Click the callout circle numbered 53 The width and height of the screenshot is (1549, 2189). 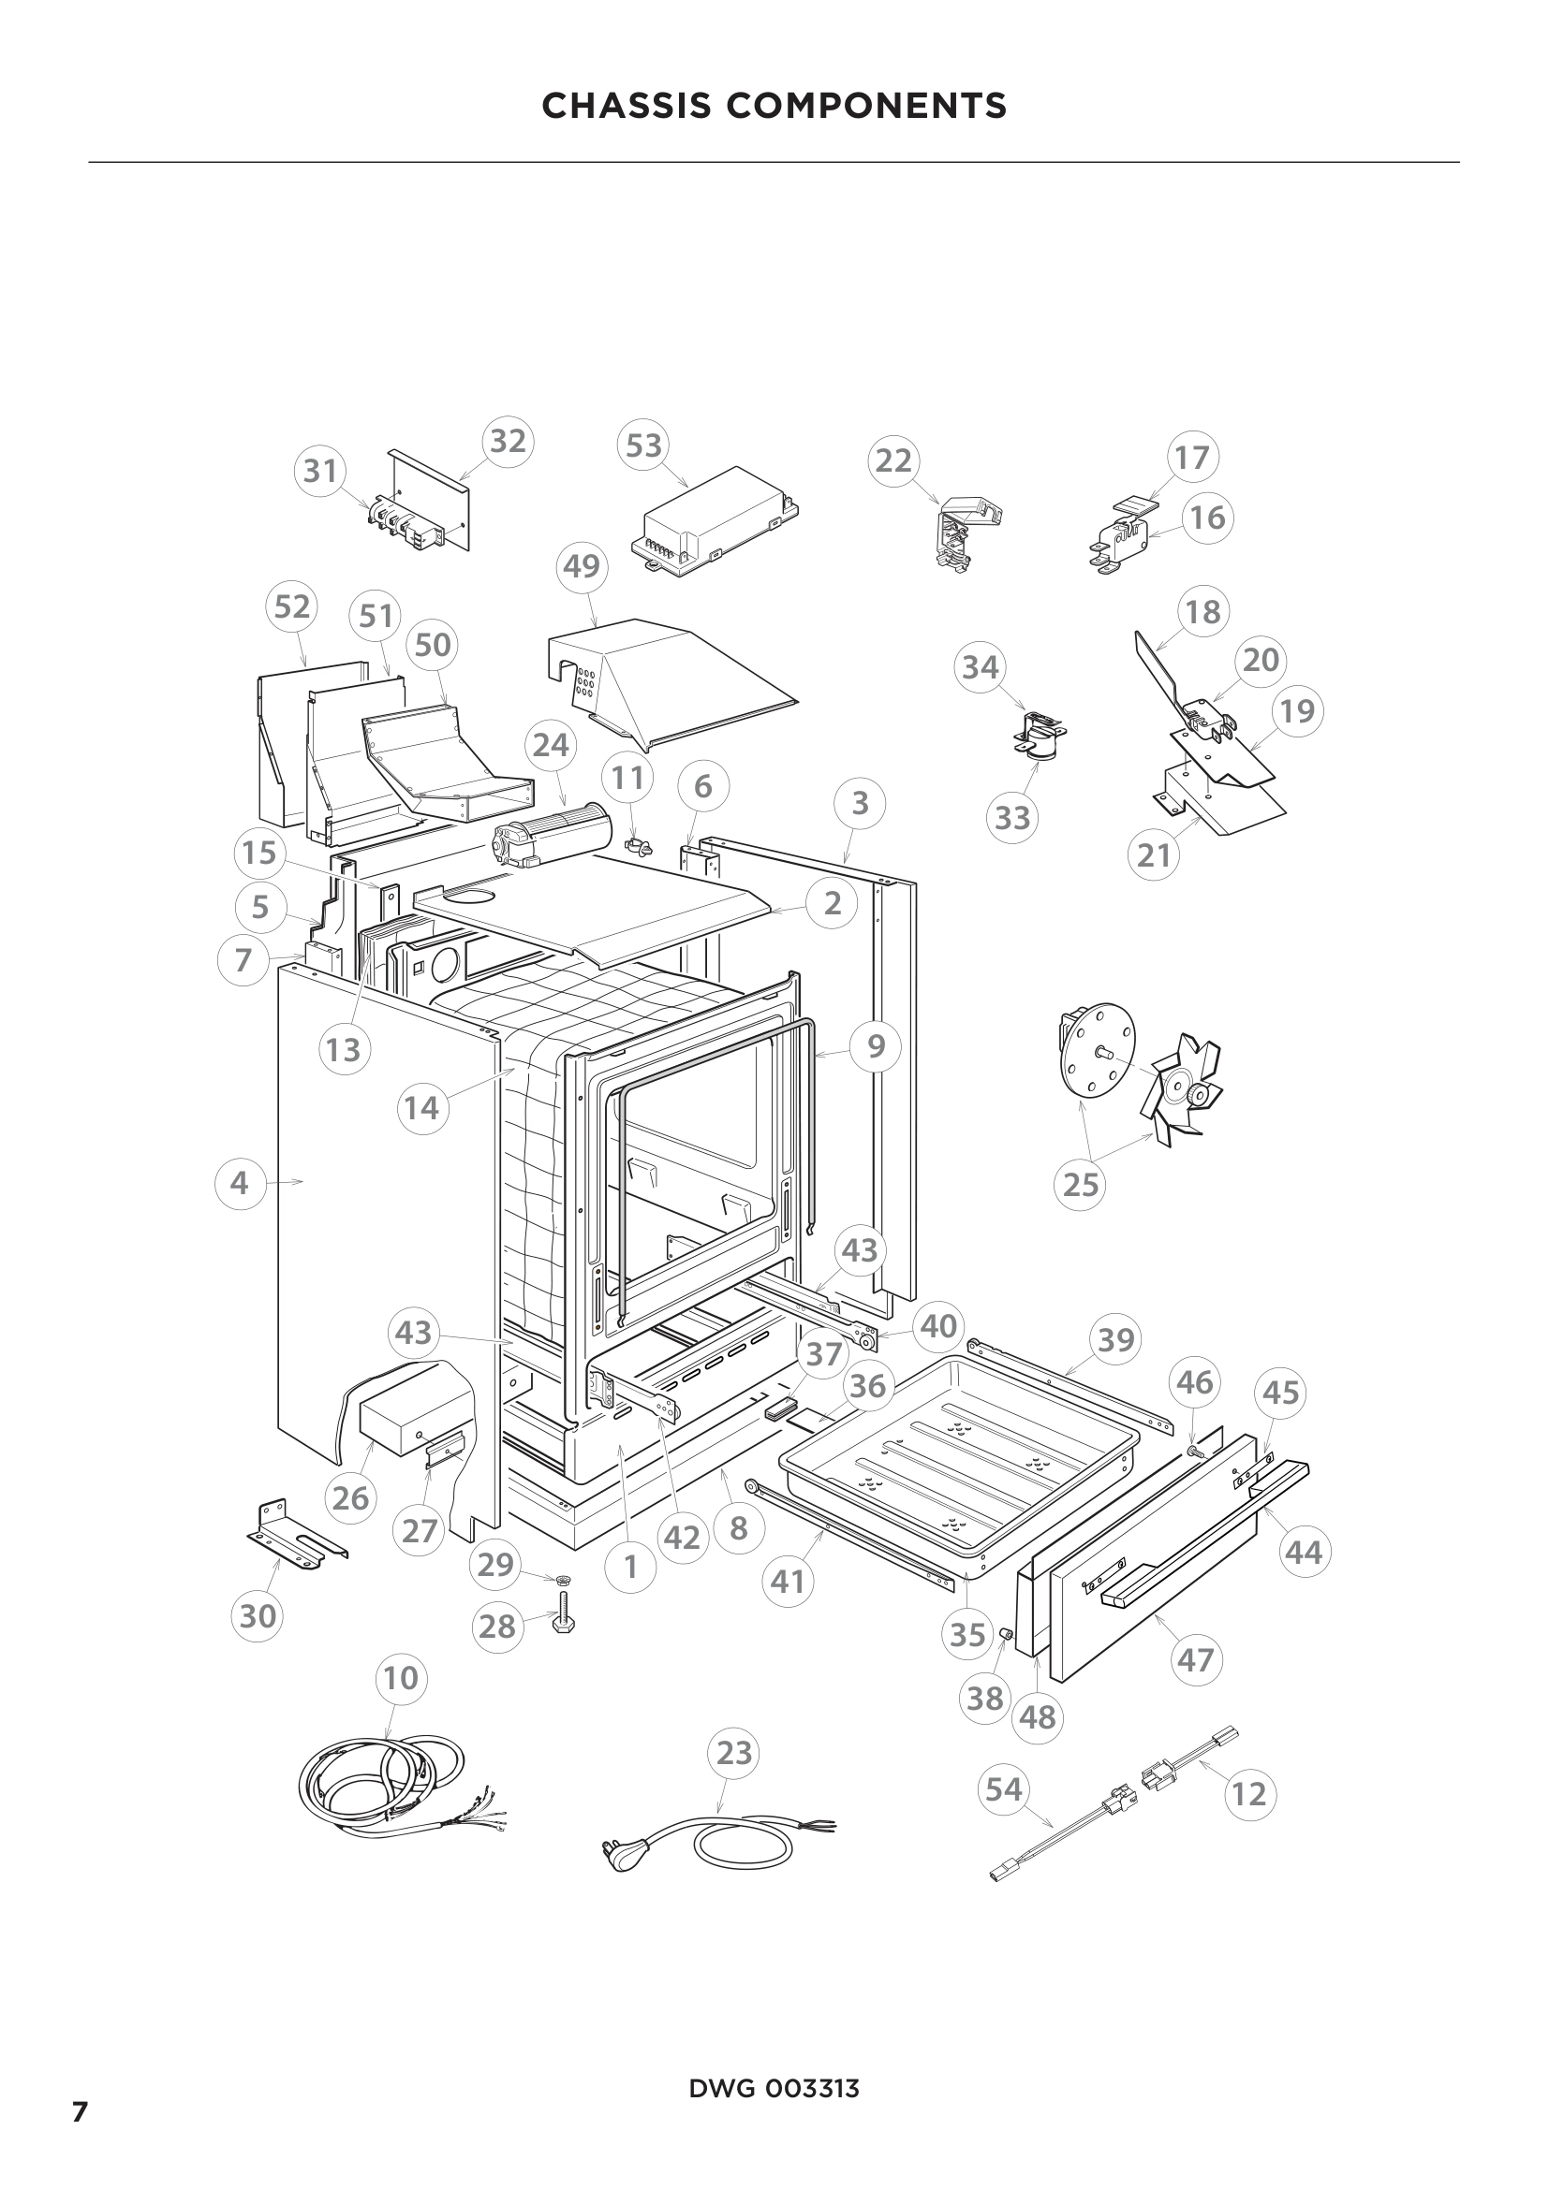(643, 445)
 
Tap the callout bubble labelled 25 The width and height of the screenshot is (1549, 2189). (1081, 1185)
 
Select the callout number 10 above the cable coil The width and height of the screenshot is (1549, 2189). (401, 1677)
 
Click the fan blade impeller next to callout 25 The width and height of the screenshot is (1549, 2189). (1181, 1088)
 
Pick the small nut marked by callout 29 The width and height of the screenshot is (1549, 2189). (563, 1581)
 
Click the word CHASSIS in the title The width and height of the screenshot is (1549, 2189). (626, 106)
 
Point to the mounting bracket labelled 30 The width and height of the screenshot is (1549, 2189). (296, 1537)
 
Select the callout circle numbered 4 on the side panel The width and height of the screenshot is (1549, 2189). (240, 1183)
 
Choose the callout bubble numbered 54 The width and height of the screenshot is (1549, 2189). (1004, 1789)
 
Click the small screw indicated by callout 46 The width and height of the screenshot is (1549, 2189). (1193, 1450)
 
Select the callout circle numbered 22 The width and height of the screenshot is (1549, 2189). (893, 461)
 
